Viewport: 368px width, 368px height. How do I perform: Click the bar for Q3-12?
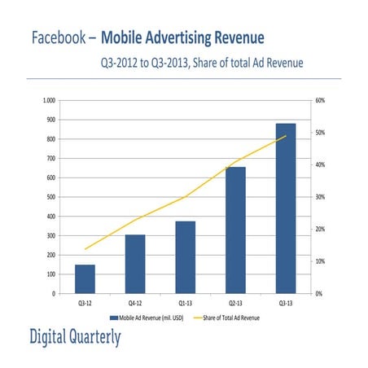85,278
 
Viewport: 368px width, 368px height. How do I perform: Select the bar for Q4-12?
135,264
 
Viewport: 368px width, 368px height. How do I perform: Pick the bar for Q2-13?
235,230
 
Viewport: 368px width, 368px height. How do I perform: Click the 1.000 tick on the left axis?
48,100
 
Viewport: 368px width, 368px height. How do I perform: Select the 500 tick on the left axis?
50,197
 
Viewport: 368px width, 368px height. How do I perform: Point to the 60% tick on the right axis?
320,100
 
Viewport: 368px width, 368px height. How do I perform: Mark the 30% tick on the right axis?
320,197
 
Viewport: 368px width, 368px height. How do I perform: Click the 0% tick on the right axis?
318,293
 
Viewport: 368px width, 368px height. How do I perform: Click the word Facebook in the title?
58,38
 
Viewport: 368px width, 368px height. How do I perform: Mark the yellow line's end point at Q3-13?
286,136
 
